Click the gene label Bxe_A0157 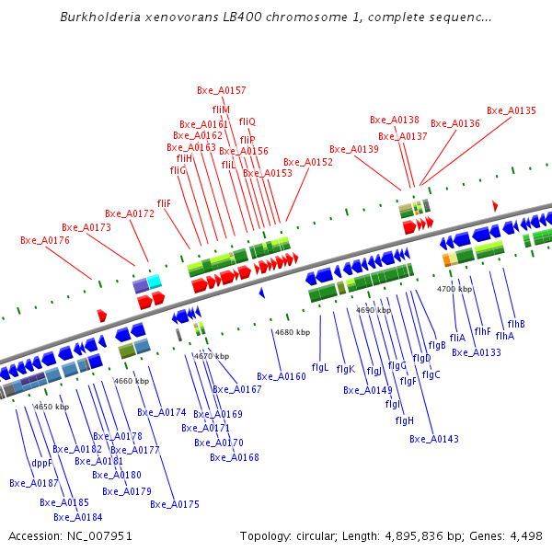click(222, 90)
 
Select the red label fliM click(221, 109)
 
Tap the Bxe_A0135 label click(511, 110)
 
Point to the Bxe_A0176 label click(45, 241)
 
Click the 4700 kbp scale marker click(454, 289)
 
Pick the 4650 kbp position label click(52, 407)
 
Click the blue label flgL click(320, 367)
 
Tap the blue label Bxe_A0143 click(434, 439)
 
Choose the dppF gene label click(42, 463)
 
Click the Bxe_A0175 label click(175, 504)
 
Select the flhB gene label click(516, 324)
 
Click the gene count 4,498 click(524, 535)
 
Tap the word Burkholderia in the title click(97, 17)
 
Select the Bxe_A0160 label click(281, 376)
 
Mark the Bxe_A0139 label click(354, 149)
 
